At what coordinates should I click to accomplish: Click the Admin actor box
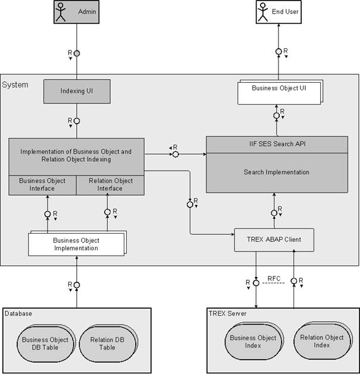pyautogui.click(x=76, y=12)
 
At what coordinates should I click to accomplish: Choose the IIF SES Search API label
pyautogui.click(x=277, y=144)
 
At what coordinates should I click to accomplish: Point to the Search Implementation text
pyautogui.click(x=277, y=172)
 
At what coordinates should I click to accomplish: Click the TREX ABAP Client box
pyautogui.click(x=274, y=240)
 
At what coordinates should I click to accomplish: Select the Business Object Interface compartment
pyautogui.click(x=42, y=185)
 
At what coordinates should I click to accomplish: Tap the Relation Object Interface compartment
pyautogui.click(x=110, y=185)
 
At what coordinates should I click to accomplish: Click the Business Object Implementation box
pyautogui.click(x=76, y=244)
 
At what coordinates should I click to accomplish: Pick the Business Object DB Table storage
pyautogui.click(x=45, y=344)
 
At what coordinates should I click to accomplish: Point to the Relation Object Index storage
pyautogui.click(x=322, y=341)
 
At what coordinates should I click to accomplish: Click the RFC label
pyautogui.click(x=274, y=278)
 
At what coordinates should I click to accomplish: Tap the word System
pyautogui.click(x=15, y=85)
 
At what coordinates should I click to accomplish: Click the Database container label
pyautogui.click(x=18, y=313)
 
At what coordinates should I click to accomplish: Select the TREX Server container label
pyautogui.click(x=227, y=313)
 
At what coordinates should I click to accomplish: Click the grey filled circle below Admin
pyautogui.click(x=76, y=54)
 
